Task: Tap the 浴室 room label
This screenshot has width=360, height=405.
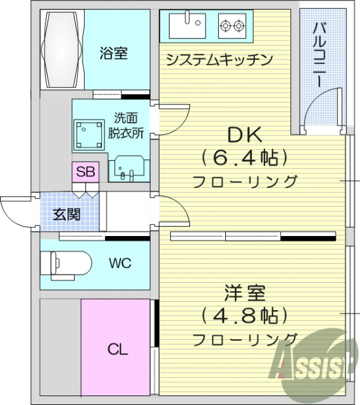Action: click(x=113, y=54)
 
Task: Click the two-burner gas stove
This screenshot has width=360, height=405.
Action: click(x=230, y=26)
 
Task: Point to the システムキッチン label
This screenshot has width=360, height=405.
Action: click(x=219, y=60)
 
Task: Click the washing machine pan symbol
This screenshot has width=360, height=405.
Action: click(x=88, y=134)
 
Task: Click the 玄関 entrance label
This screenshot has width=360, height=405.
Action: click(x=66, y=214)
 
